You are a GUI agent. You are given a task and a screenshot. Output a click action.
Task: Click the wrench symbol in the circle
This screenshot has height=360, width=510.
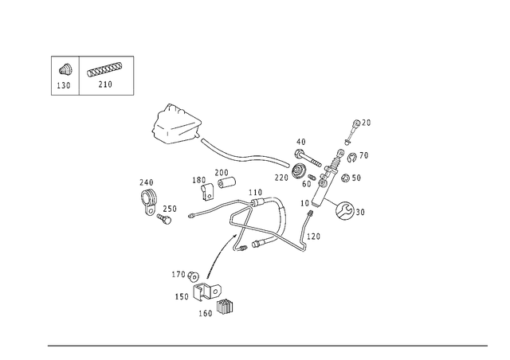(x=344, y=210)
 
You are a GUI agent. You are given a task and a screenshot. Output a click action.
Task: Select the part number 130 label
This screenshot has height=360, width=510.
(x=64, y=85)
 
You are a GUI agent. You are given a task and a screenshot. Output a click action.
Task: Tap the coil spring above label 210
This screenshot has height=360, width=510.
(x=104, y=69)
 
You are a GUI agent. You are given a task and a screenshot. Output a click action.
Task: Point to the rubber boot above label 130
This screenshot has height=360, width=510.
(x=65, y=69)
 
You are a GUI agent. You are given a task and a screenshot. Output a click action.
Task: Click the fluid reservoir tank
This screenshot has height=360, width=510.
(x=176, y=123)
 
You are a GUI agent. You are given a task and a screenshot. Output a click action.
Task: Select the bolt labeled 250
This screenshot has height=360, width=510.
(x=164, y=218)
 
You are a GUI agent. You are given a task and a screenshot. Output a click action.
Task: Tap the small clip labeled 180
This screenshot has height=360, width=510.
(x=206, y=191)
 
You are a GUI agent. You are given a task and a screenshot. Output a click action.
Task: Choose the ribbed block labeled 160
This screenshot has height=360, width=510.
(x=225, y=307)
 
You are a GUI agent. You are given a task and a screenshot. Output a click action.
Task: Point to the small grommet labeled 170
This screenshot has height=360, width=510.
(x=194, y=276)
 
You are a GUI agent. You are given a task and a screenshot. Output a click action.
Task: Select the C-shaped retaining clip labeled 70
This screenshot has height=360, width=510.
(x=351, y=158)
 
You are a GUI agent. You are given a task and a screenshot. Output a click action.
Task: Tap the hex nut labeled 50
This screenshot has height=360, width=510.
(x=345, y=178)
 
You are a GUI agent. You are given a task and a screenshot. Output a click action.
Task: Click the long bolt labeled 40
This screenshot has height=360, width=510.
(x=307, y=158)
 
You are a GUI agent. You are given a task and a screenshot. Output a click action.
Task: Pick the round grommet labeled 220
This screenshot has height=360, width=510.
(x=299, y=171)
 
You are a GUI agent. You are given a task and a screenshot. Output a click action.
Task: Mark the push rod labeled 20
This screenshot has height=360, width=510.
(x=352, y=132)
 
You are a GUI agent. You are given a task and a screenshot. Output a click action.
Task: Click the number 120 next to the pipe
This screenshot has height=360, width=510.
(x=313, y=237)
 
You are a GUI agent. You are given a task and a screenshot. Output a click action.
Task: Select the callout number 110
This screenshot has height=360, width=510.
(x=255, y=193)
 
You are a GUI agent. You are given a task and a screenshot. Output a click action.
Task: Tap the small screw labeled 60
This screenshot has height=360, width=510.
(x=312, y=178)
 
